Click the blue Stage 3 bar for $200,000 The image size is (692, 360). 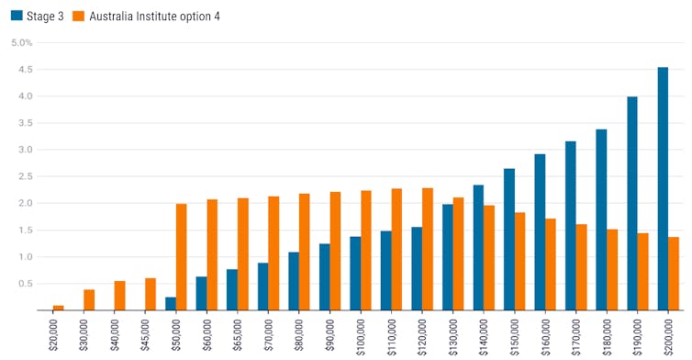coord(663,188)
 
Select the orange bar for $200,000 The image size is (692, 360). coord(674,274)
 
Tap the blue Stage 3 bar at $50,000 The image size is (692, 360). coord(171,304)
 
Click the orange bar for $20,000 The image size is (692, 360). coord(59,308)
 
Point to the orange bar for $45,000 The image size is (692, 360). coord(151,294)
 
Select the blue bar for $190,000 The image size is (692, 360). coord(632,203)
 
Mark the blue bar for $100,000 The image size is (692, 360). coord(355,273)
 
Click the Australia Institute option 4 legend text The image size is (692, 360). coord(153,17)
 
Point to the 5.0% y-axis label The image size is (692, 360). coord(21,42)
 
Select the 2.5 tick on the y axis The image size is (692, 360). coord(25,176)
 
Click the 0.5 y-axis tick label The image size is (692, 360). coord(25,284)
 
